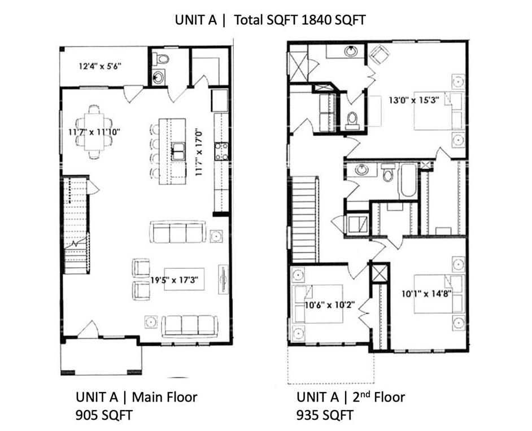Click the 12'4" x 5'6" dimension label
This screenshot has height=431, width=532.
point(99,66)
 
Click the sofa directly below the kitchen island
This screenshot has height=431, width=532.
point(177,232)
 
